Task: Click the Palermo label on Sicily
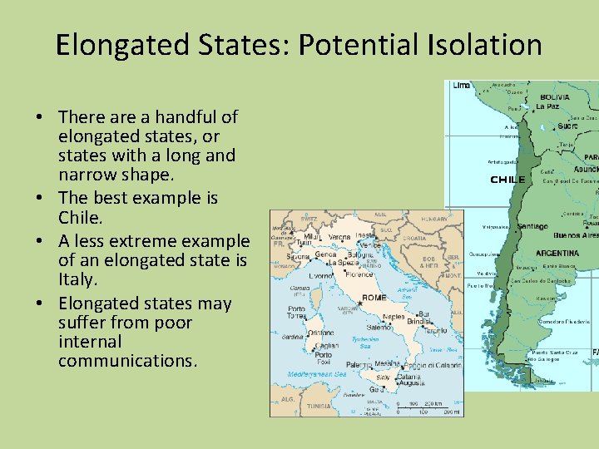click(359, 364)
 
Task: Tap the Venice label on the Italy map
click(369, 245)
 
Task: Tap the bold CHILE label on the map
click(507, 180)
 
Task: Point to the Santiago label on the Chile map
click(532, 226)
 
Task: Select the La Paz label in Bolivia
click(547, 106)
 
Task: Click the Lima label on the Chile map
click(461, 85)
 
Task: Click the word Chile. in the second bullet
click(78, 218)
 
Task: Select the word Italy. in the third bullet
click(77, 281)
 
